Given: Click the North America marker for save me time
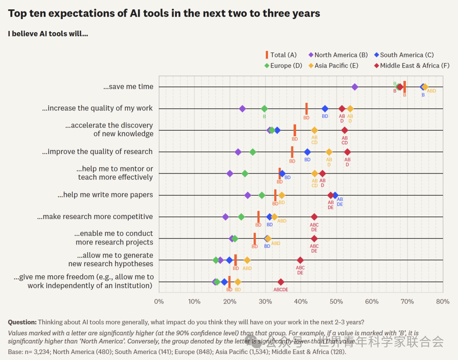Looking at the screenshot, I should (x=355, y=87).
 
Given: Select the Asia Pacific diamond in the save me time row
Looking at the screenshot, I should (x=425, y=87).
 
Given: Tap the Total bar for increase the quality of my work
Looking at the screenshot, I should (x=307, y=109).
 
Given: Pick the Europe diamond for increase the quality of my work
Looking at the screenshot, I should (x=264, y=109).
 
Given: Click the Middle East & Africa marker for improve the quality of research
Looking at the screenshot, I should (x=347, y=152).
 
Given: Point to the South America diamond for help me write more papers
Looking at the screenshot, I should (x=335, y=195).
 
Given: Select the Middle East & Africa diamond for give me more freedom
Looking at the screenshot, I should (x=281, y=282).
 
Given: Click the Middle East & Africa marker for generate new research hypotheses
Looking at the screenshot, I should (x=300, y=260).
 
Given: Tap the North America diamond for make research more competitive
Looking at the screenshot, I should (x=226, y=217).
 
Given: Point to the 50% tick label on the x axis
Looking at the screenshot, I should (x=336, y=301).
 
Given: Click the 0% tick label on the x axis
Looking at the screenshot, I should (x=159, y=301).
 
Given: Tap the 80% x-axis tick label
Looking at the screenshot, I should (x=443, y=301).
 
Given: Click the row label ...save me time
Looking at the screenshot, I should (x=128, y=87).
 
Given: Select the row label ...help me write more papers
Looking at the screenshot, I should (x=105, y=195).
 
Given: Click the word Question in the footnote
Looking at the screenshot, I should (x=22, y=322).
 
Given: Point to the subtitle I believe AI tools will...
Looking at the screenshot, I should (x=48, y=34).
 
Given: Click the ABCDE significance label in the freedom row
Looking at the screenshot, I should (x=281, y=290).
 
